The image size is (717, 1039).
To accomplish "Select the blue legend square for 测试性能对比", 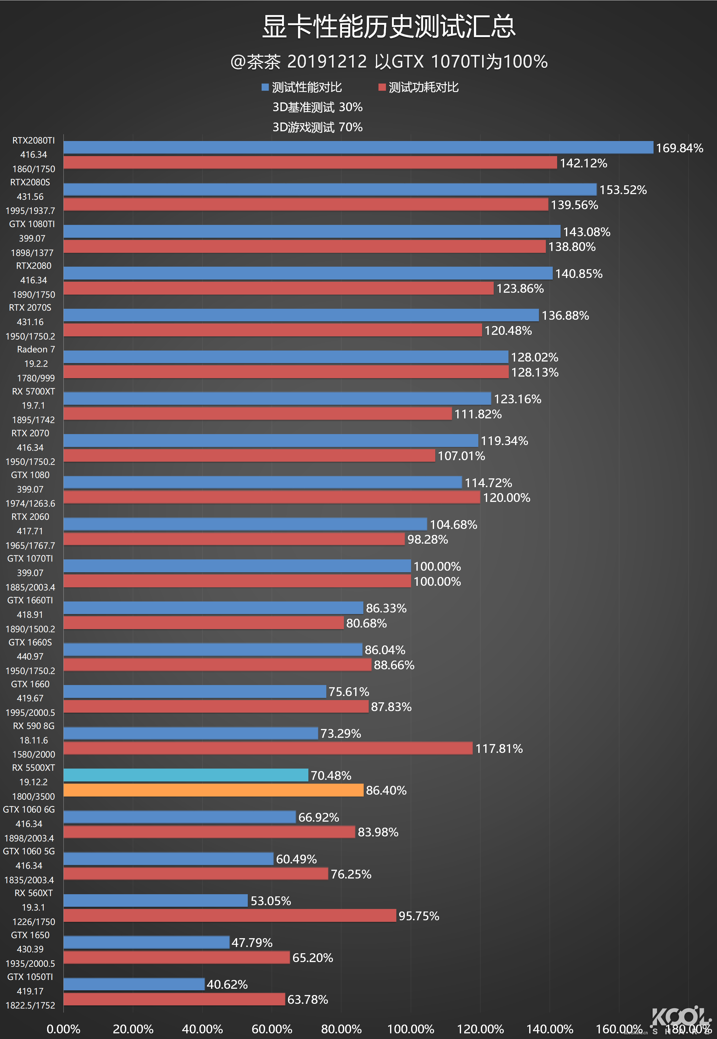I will point(265,87).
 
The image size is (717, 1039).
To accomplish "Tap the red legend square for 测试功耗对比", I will point(382,87).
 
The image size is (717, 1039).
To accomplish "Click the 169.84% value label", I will point(679,148).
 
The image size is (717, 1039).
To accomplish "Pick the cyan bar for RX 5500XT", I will point(186,775).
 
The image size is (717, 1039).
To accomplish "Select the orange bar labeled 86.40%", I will point(213,790).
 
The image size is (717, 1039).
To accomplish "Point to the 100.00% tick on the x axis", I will point(410,1029).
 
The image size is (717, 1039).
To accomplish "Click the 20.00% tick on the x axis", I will point(133,1029).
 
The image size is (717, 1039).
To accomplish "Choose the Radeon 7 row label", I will point(36,350).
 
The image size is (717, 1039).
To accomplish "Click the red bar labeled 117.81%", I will point(268,748).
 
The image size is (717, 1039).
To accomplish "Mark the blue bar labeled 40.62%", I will point(134,984).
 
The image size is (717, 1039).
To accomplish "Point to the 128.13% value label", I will point(535,373).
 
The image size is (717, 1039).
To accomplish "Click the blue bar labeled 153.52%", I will point(330,190).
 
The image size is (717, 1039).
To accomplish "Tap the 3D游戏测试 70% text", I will point(317,127).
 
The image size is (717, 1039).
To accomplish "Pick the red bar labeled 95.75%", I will point(230,916).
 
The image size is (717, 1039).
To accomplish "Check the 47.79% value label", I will point(252,943).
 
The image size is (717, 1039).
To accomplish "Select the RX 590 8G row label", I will point(34,726).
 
